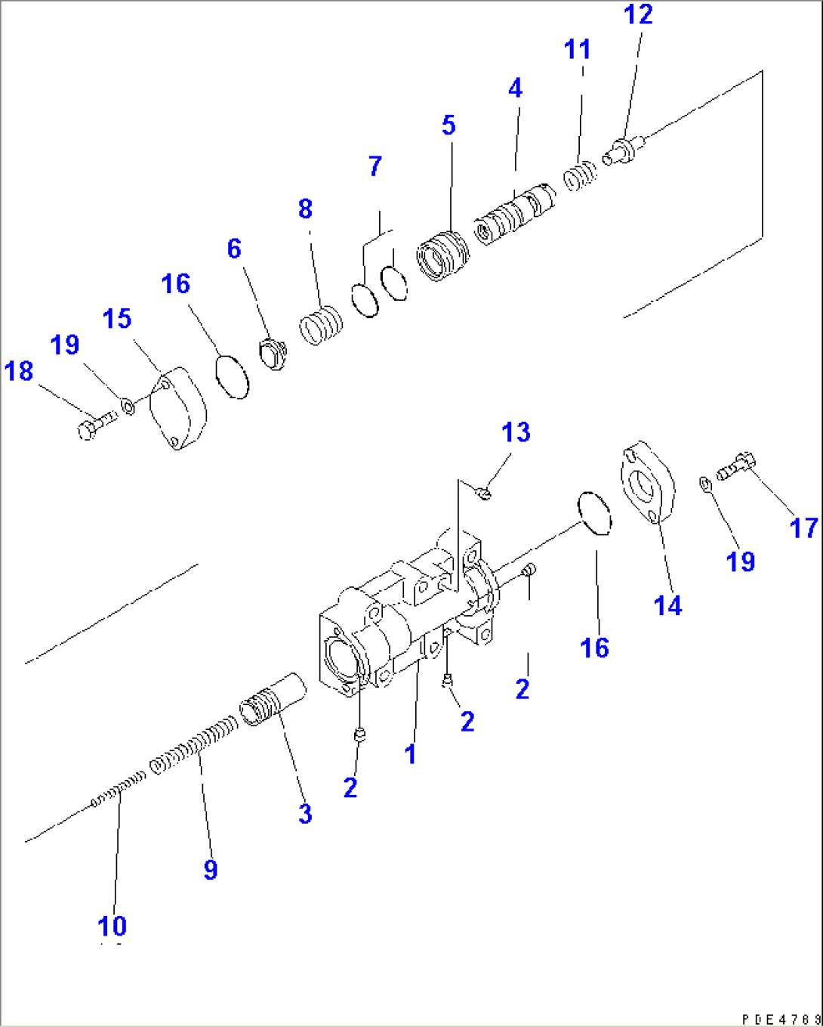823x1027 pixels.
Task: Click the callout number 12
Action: click(638, 14)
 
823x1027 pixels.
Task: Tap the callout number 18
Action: click(19, 371)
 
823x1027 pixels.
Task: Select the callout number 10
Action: click(112, 926)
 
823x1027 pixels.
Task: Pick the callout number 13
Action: click(516, 432)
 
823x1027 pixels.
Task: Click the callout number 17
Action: click(803, 527)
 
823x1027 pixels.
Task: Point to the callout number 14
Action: click(667, 605)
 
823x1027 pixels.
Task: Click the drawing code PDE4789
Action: click(781, 1018)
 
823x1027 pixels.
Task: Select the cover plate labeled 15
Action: click(178, 409)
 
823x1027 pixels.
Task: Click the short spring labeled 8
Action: click(322, 326)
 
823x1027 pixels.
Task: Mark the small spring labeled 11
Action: click(580, 178)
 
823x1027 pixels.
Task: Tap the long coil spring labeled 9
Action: click(195, 747)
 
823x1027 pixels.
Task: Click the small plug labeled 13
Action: click(485, 493)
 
